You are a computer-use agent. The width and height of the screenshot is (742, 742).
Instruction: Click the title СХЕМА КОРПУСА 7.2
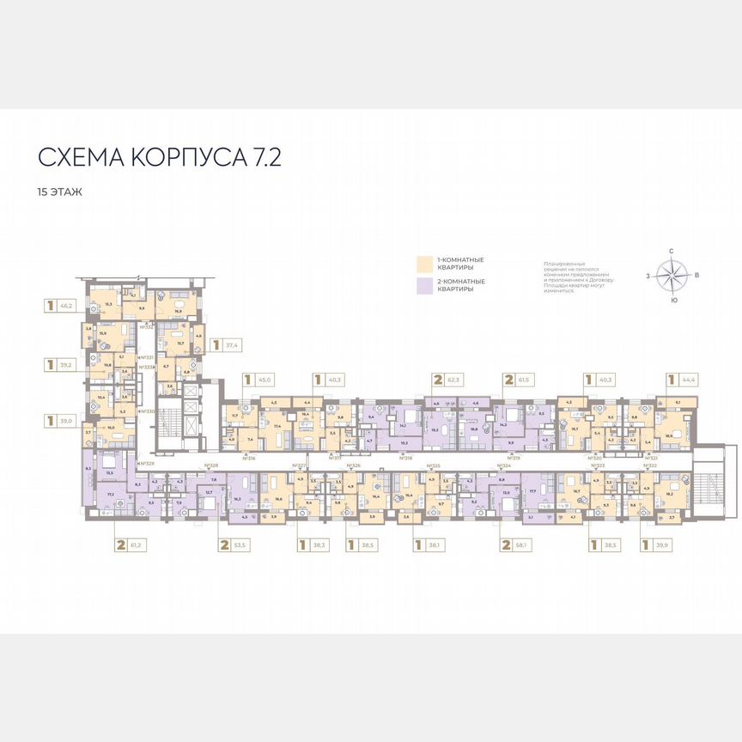pyautogui.click(x=159, y=158)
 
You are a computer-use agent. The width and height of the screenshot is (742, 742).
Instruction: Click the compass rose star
pyautogui.click(x=672, y=276)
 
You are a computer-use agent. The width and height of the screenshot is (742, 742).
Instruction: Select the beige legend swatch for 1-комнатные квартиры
pyautogui.click(x=424, y=263)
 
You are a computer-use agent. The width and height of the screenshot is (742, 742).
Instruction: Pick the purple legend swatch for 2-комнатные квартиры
pyautogui.click(x=424, y=285)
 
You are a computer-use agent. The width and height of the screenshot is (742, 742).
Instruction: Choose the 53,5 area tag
pyautogui.click(x=236, y=544)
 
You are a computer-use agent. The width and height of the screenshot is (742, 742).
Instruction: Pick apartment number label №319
pyautogui.click(x=513, y=458)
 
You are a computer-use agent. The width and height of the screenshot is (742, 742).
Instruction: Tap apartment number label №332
pyautogui.click(x=147, y=326)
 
